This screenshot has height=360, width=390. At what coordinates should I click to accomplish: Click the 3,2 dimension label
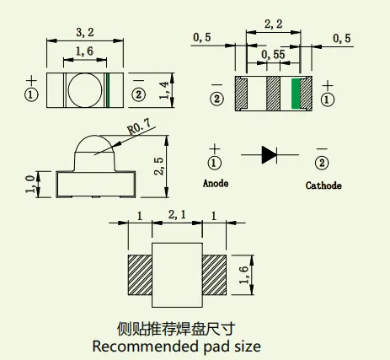click(85, 32)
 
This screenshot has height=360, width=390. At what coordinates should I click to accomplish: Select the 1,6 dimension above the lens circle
click(84, 51)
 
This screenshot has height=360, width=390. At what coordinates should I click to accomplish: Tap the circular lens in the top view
click(85, 90)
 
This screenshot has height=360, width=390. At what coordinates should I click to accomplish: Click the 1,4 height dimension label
click(164, 90)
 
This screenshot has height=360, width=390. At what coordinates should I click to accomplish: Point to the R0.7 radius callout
click(139, 126)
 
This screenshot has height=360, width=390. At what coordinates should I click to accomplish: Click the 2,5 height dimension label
click(159, 166)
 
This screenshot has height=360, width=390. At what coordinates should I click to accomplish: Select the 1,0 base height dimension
click(30, 184)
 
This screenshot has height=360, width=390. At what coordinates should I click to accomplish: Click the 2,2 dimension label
click(273, 24)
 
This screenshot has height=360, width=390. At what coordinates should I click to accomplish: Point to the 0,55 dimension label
click(273, 54)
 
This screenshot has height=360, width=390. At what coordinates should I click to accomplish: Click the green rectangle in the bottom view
click(296, 94)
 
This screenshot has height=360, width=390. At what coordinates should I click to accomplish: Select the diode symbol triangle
click(269, 154)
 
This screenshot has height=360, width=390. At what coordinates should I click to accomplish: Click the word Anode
click(216, 184)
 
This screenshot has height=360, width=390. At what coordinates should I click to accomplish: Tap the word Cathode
click(323, 185)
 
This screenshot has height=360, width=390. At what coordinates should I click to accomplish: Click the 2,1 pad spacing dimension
click(177, 215)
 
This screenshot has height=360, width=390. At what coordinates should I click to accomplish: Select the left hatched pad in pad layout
click(140, 275)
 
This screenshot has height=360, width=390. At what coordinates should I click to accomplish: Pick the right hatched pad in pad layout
click(214, 275)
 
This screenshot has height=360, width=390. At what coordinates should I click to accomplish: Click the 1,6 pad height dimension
click(244, 275)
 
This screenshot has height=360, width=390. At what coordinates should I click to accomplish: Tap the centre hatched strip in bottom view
click(273, 94)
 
